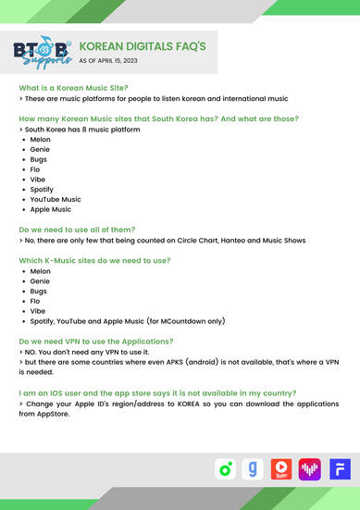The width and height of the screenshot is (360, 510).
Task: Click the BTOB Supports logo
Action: point(41,53)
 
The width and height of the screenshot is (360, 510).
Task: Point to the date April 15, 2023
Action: point(121,60)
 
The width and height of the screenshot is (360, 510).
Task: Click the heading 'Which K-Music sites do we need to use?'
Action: point(94,260)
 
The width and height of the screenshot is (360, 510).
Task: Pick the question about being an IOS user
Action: point(157,392)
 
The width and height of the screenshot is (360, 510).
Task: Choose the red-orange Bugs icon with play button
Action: point(280,469)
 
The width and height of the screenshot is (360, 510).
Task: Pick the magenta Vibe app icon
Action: point(308,469)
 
